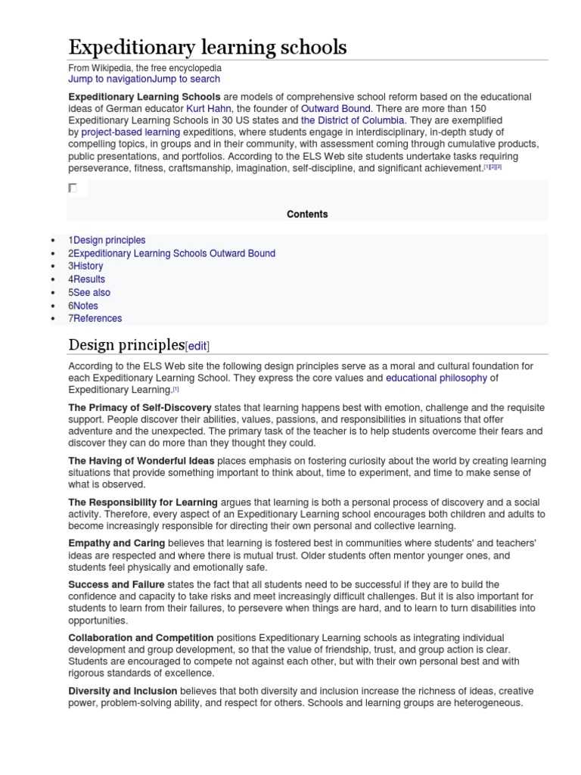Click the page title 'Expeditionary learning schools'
[207, 48]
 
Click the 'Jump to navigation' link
[110, 79]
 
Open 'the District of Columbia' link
[353, 120]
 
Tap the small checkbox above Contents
[73, 188]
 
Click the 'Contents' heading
[307, 214]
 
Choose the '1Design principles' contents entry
[107, 240]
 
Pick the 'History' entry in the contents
[85, 266]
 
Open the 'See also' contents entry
[89, 292]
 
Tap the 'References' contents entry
[95, 319]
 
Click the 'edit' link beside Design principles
[197, 346]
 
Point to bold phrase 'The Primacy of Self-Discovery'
[140, 407]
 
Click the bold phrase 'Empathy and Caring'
[117, 543]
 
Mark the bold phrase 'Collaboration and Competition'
[141, 638]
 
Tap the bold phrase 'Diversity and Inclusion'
[123, 691]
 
